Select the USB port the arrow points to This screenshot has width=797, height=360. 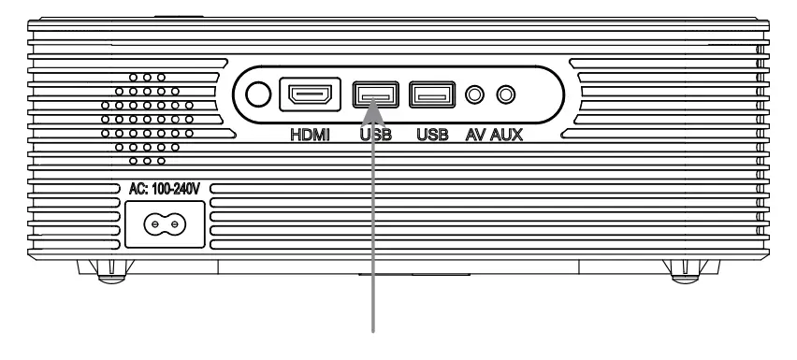pos(376,95)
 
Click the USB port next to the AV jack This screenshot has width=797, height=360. pos(432,95)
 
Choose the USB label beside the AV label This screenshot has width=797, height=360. pos(432,134)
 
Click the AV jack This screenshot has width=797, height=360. pos(478,95)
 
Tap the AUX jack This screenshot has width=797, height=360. pos(507,95)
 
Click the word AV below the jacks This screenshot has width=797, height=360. pos(477,134)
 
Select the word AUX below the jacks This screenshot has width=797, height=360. pos(507,134)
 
